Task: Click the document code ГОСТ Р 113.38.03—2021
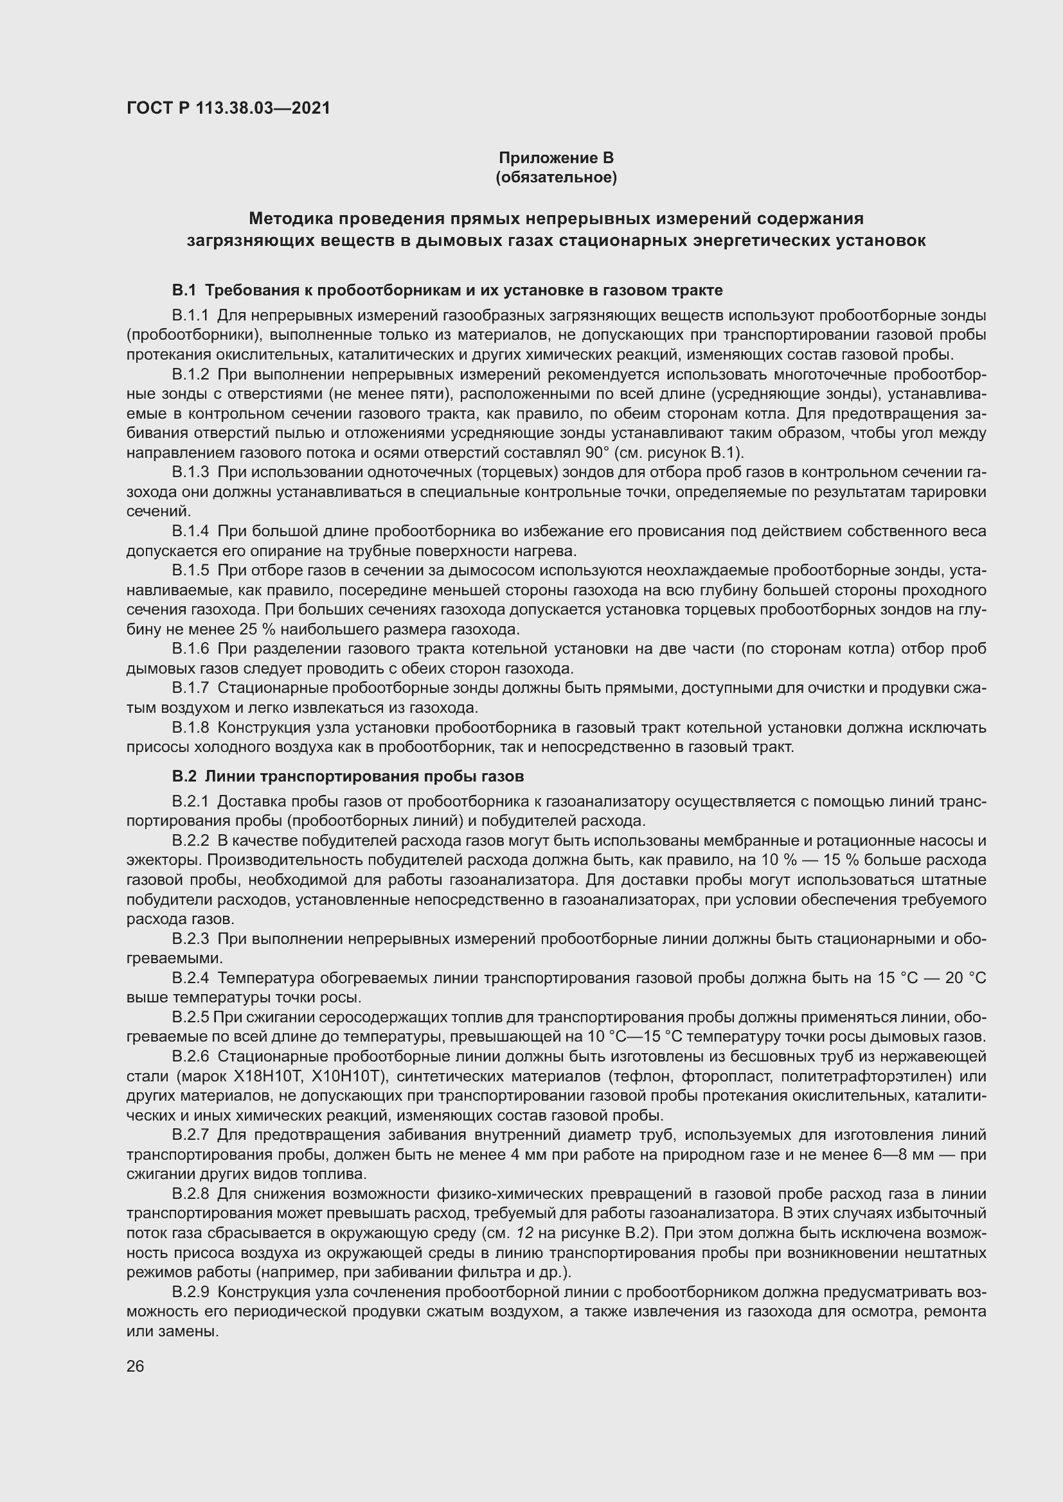point(228,108)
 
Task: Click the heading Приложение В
point(556,158)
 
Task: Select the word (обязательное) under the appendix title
point(556,177)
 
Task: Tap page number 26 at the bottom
point(135,1366)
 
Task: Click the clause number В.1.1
point(190,315)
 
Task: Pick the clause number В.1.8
point(190,728)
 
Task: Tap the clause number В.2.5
point(190,1017)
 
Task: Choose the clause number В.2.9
point(190,1292)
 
